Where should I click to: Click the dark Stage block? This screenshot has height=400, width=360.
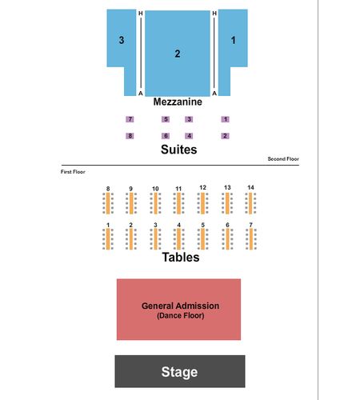180,371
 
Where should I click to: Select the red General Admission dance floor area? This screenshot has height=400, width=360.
178,310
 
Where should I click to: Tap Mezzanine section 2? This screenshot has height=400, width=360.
178,54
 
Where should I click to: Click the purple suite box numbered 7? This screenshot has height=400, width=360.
130,119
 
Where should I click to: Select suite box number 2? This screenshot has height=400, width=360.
226,136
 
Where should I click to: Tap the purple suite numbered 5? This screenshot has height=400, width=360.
166,119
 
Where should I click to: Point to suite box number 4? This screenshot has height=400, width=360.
189,136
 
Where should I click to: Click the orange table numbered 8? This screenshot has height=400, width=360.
108,203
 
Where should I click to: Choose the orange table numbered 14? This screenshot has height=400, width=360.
250,203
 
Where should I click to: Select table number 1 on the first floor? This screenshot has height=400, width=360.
108,239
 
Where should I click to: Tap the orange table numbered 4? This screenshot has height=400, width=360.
178,239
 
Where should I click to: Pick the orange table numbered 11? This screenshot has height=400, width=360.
178,203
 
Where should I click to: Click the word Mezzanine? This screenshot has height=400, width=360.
178,102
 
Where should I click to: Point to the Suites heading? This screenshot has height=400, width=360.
179,150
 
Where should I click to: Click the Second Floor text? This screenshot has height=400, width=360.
283,159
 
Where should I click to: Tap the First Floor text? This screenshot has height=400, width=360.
73,172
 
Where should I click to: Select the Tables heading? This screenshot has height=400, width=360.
181,258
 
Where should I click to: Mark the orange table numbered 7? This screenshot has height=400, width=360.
251,239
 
